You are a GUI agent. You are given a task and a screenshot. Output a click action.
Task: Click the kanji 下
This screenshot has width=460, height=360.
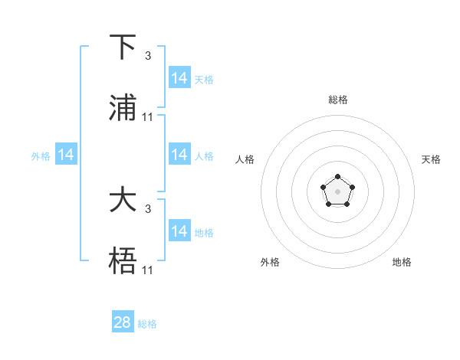[123, 47]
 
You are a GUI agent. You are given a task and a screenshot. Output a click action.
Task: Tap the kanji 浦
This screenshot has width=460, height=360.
[123, 108]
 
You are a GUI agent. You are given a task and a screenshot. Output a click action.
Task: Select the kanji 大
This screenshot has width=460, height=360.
[123, 201]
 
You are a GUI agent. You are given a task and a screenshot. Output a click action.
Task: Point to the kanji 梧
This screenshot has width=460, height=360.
[123, 261]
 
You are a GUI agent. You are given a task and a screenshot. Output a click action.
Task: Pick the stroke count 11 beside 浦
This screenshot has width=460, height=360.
[148, 116]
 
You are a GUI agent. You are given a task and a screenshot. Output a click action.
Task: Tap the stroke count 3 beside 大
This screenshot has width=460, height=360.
[148, 208]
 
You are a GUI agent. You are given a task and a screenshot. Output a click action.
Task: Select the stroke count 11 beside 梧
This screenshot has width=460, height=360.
[148, 270]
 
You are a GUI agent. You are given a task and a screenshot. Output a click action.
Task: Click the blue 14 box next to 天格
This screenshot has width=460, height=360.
[179, 78]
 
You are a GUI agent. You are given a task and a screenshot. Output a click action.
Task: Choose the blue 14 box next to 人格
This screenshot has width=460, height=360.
[179, 155]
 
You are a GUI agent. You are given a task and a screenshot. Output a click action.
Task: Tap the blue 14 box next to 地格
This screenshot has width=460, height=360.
[179, 231]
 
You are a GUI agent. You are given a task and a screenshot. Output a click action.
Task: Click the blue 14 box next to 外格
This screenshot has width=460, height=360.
[66, 155]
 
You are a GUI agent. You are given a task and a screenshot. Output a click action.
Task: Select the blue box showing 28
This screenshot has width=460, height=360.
[123, 322]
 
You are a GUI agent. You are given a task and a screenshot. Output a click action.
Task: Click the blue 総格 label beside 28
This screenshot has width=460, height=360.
[148, 324]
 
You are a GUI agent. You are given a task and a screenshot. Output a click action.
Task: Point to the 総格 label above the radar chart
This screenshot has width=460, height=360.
[338, 100]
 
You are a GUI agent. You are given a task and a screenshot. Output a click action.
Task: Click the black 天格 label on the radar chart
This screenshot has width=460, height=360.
[431, 159]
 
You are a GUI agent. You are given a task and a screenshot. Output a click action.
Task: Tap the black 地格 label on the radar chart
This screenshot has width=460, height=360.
[402, 262]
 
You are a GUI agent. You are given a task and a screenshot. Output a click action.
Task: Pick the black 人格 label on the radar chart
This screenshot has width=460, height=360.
[245, 159]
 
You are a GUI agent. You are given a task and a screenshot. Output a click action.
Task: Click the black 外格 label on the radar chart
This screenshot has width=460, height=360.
[270, 262]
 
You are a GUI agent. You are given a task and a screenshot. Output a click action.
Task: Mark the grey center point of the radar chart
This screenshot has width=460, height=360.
[337, 190]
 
